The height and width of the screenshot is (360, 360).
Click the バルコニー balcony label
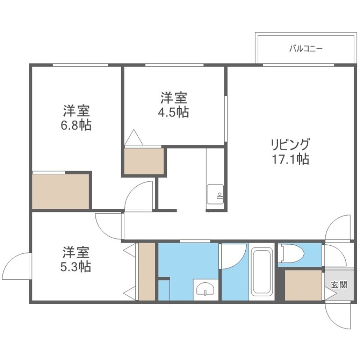coord(306,48)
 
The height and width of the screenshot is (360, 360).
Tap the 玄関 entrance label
coord(339,284)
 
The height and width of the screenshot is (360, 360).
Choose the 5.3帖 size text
coord(76,266)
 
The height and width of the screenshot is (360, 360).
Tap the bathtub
coord(262,273)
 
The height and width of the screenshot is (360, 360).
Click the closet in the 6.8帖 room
coord(61,191)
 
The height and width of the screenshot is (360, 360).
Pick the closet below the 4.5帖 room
coord(144,161)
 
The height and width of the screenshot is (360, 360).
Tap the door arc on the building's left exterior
coord(18,265)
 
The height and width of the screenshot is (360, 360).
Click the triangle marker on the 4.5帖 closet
coord(134,138)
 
